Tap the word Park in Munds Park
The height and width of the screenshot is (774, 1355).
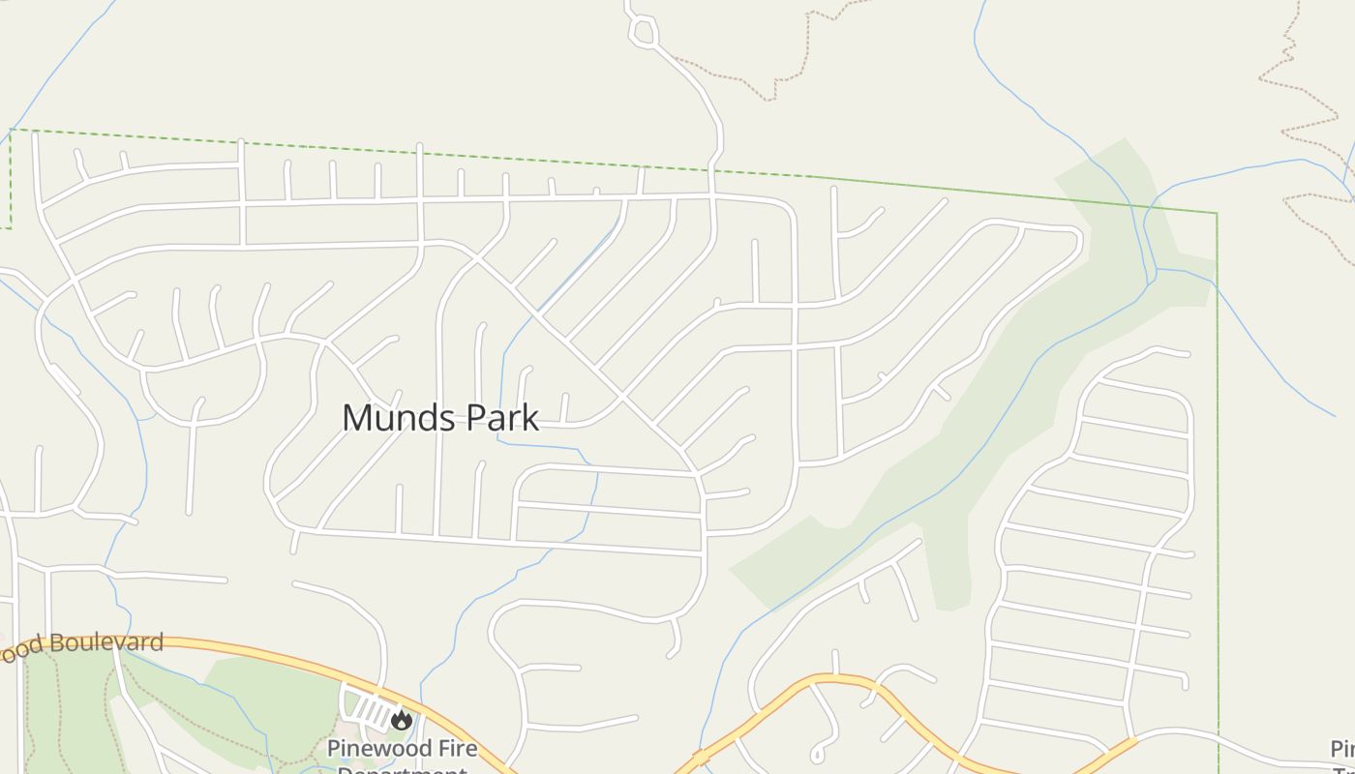click(502, 418)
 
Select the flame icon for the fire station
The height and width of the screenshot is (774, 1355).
click(401, 719)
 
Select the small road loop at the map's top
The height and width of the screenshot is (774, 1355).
click(643, 32)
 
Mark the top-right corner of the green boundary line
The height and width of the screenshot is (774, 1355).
click(1216, 213)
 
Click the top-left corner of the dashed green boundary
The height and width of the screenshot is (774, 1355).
click(11, 129)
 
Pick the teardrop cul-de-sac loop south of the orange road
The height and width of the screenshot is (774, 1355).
click(819, 751)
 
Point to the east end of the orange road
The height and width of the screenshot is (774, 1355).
click(1132, 741)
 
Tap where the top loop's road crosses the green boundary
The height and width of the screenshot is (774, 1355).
click(712, 170)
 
